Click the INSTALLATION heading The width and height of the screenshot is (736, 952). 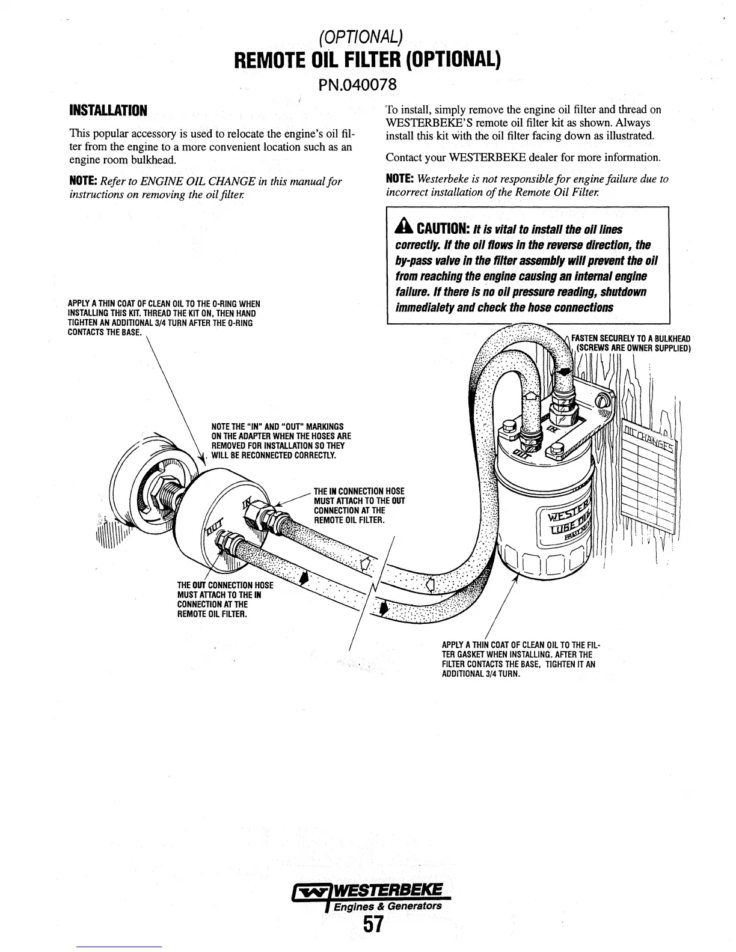[108, 111]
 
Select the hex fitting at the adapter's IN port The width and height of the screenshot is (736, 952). [263, 511]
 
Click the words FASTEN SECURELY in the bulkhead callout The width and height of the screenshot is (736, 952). [601, 338]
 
